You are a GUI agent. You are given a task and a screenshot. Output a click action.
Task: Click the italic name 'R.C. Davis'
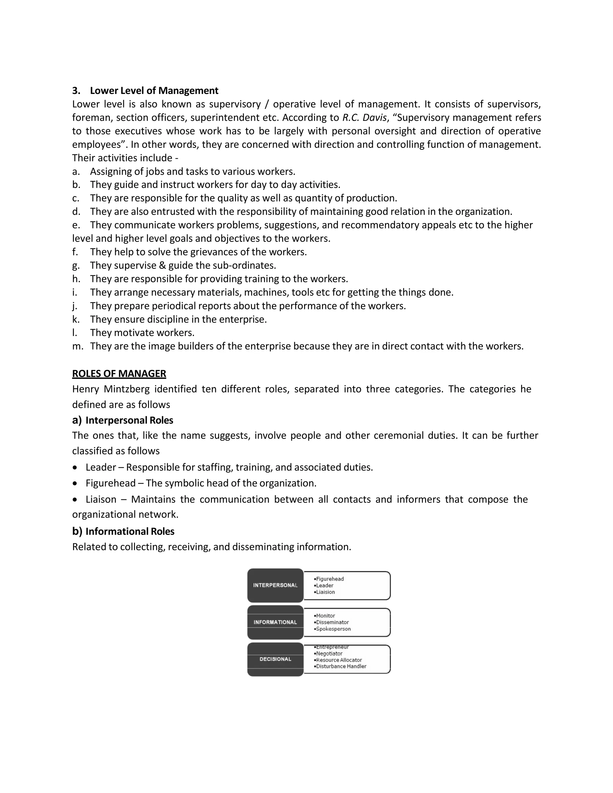tap(364, 118)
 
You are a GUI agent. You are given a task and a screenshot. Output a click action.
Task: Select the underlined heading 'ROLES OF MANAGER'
tap(119, 374)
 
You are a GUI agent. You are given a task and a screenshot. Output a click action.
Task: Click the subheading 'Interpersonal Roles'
tap(129, 420)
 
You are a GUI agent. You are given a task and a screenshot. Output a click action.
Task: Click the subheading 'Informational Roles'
tap(130, 531)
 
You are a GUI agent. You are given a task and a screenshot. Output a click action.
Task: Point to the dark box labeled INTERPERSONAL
tap(275, 585)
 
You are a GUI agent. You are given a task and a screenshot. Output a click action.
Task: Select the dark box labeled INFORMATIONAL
tap(275, 622)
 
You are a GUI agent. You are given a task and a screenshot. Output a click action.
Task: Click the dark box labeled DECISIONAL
tap(275, 659)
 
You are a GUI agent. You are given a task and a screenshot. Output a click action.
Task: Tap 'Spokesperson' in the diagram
tap(333, 629)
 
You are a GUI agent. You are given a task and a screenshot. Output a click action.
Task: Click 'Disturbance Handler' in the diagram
tap(341, 666)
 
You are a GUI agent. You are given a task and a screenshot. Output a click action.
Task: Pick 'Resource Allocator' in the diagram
tap(339, 660)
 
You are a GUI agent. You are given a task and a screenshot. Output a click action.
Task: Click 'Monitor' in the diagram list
tap(325, 616)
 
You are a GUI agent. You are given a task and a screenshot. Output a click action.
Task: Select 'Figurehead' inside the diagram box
tap(329, 579)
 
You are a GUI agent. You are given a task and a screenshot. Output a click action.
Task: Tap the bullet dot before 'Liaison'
tap(75, 500)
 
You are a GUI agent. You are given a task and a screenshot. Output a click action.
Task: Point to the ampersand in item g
tap(162, 265)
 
